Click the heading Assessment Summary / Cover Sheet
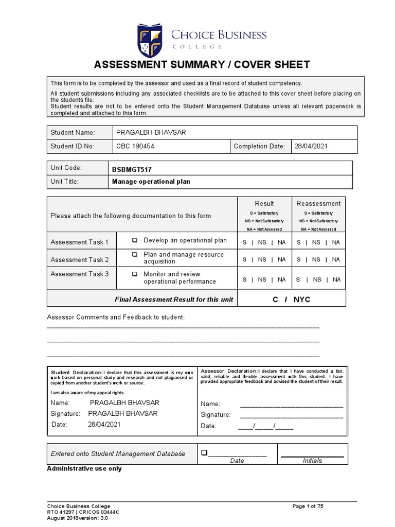(x=201, y=64)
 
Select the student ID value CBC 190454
(x=135, y=146)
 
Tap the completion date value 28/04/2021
(x=311, y=146)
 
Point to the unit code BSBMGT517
(x=132, y=169)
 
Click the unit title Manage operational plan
(x=151, y=182)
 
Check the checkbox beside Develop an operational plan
(x=135, y=240)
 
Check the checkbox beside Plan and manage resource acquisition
(x=135, y=255)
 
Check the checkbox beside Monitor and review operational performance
(x=135, y=274)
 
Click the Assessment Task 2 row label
(x=80, y=260)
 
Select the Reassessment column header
(x=318, y=203)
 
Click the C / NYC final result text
(x=291, y=299)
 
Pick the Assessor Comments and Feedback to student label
(x=116, y=317)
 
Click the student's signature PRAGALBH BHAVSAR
(x=123, y=413)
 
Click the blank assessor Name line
(x=291, y=405)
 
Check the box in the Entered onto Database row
(x=204, y=453)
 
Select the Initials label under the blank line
(x=312, y=461)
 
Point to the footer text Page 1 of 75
(x=308, y=506)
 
